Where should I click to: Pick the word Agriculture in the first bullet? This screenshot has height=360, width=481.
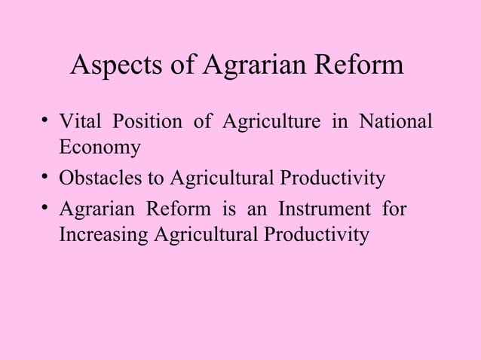(x=268, y=124)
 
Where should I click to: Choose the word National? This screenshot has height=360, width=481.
(x=395, y=124)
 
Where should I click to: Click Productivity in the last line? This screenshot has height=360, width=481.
(x=314, y=235)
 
